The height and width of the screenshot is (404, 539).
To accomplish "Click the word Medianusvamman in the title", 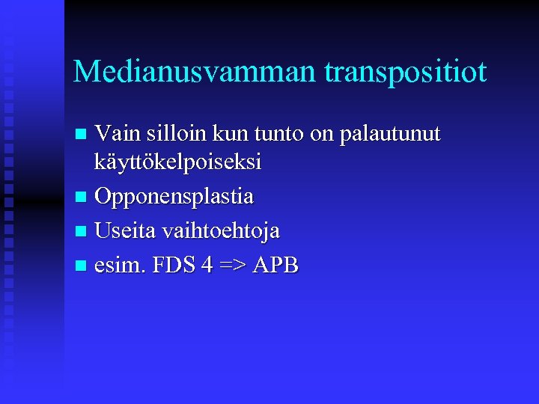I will [196, 72].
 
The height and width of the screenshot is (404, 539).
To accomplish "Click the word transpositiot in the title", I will [406, 72].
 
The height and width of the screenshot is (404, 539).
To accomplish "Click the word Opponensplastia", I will [174, 197].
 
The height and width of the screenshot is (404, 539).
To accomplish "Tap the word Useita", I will [126, 231].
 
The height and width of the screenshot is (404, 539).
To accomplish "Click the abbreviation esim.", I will [119, 265].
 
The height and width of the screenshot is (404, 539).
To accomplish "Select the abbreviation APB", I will [275, 265].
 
